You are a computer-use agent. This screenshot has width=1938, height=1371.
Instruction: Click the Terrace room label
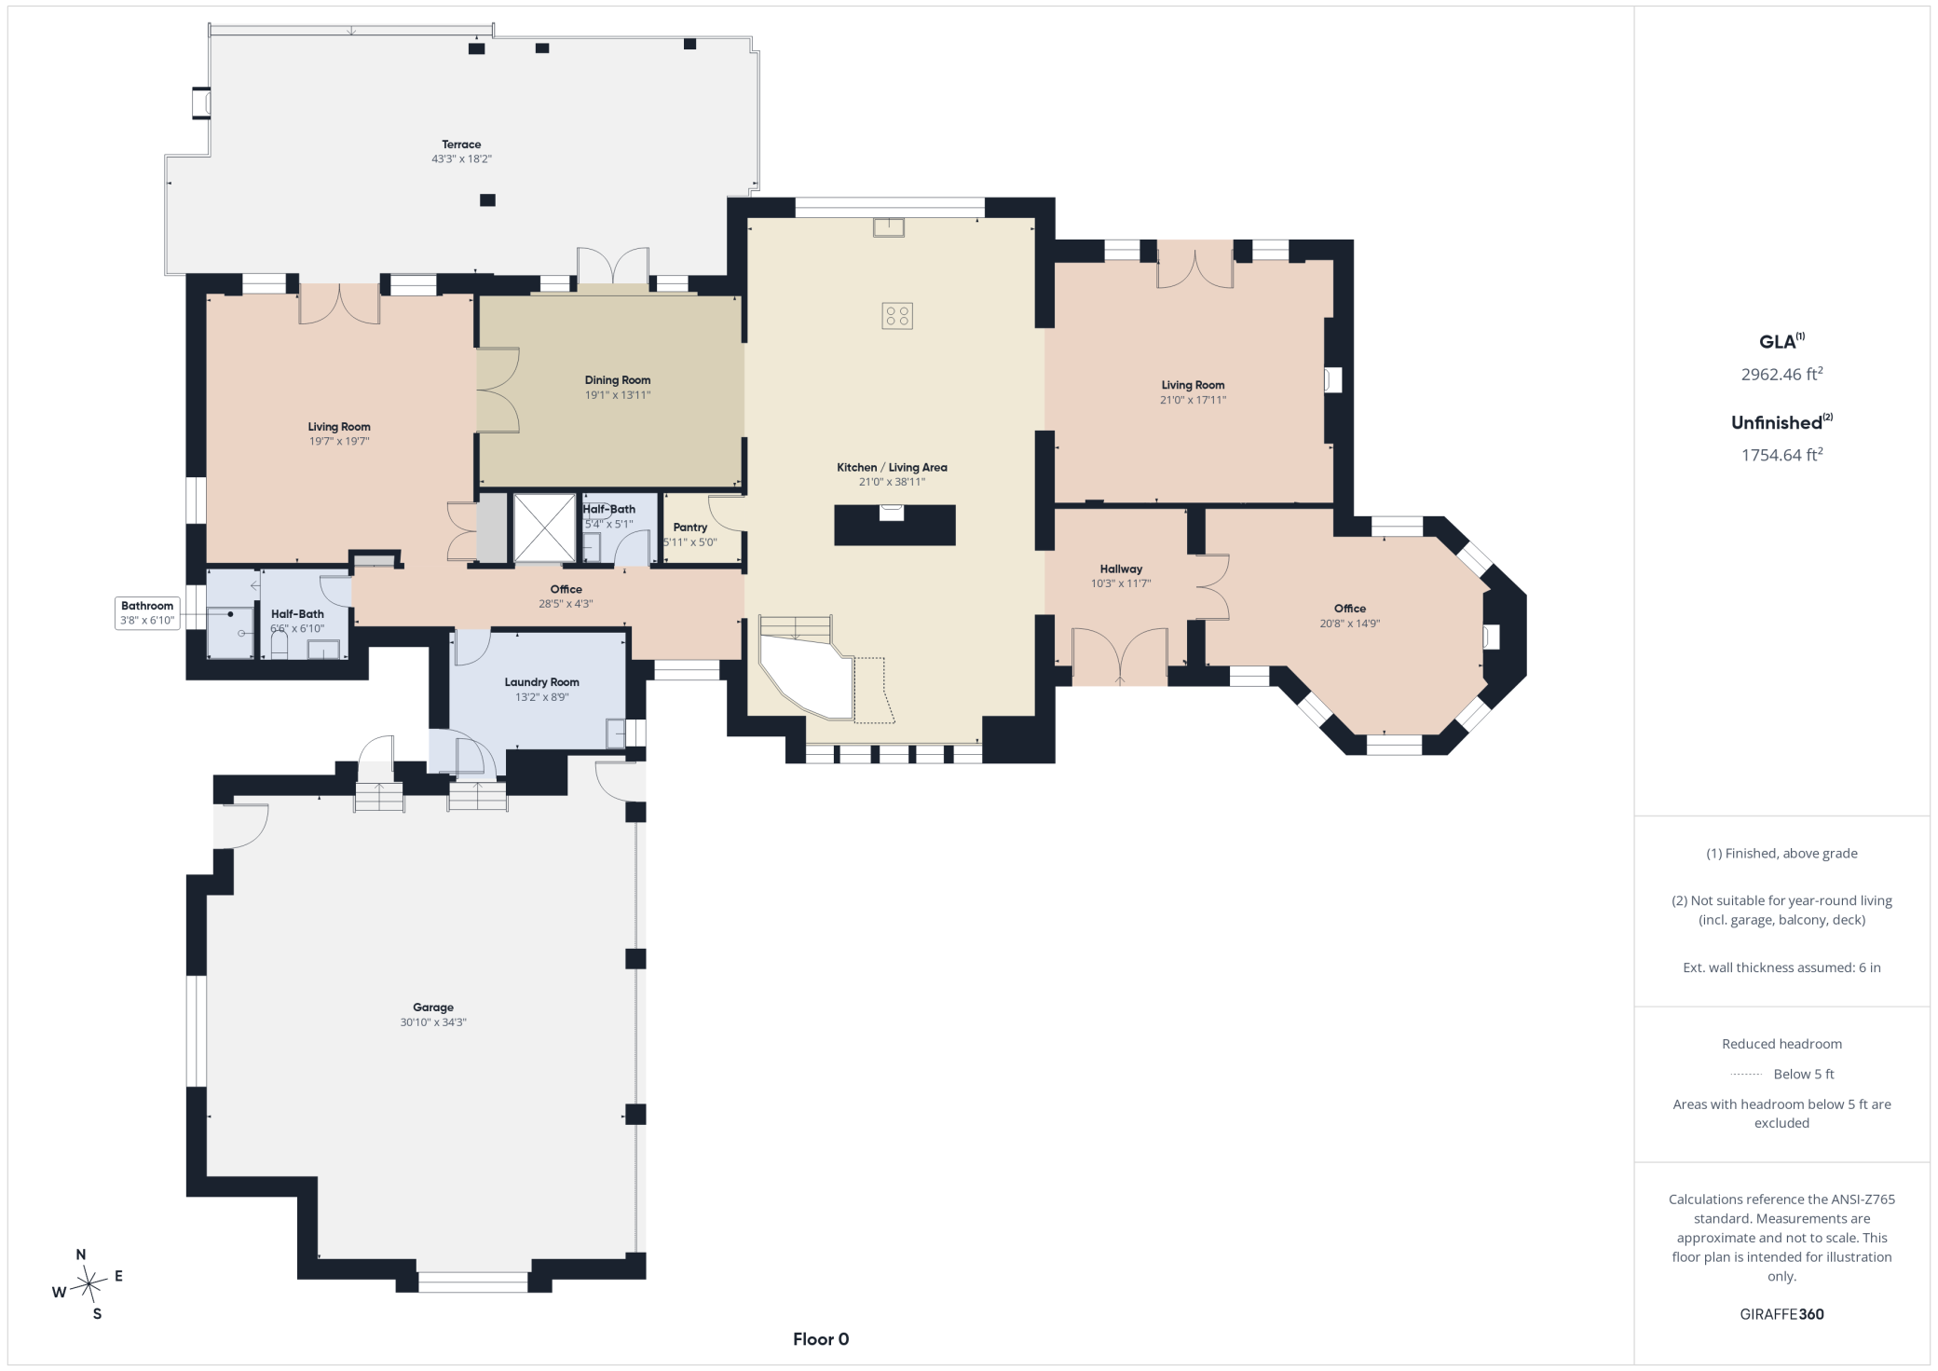tap(461, 144)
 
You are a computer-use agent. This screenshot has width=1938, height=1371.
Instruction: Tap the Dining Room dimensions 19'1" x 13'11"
tap(618, 395)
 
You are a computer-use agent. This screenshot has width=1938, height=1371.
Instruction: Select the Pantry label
tap(690, 528)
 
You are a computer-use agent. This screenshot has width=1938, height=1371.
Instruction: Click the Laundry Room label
tap(542, 682)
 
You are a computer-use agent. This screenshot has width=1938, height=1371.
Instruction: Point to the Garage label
tap(433, 1008)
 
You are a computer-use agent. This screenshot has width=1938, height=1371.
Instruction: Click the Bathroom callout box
tap(147, 613)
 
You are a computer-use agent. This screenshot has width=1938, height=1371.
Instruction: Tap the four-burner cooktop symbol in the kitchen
tap(897, 316)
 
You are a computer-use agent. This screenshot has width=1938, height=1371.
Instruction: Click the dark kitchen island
tap(894, 525)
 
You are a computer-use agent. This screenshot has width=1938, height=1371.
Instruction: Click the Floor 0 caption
tap(821, 1339)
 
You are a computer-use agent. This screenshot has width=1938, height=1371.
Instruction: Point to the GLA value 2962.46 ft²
tap(1781, 374)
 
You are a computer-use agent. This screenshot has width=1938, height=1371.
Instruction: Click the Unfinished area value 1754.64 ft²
tap(1781, 455)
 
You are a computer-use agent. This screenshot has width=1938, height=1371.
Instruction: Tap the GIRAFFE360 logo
tap(1781, 1314)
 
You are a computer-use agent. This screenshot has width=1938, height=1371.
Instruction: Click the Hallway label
tap(1121, 569)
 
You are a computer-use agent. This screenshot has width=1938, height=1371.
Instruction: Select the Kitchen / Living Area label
tap(892, 468)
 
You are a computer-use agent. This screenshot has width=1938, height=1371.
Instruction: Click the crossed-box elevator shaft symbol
tap(545, 528)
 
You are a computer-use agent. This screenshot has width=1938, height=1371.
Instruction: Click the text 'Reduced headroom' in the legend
tap(1781, 1044)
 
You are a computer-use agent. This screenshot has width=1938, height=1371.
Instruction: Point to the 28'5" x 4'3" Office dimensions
tap(566, 604)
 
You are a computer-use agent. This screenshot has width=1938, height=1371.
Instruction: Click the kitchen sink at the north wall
tap(889, 227)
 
